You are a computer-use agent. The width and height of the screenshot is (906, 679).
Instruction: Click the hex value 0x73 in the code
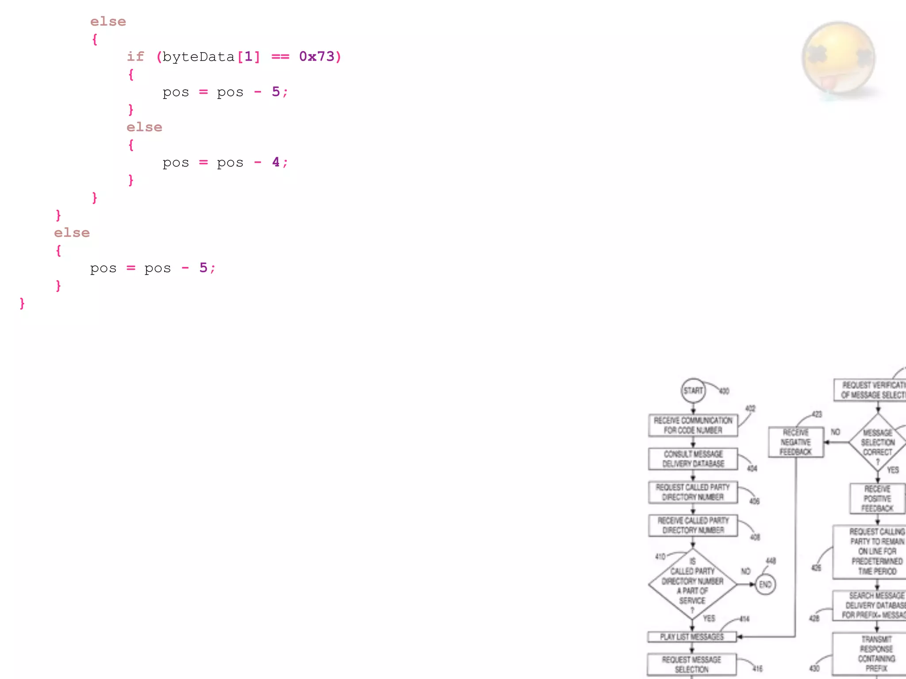tap(317, 57)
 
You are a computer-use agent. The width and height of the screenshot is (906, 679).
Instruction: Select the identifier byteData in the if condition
tap(198, 57)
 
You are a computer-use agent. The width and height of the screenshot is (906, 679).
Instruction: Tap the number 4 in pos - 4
tap(276, 162)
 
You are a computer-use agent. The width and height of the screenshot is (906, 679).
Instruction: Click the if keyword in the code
tap(135, 57)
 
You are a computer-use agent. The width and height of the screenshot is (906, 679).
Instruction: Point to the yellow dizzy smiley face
tap(838, 57)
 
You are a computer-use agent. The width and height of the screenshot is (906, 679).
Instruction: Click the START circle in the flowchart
tap(693, 390)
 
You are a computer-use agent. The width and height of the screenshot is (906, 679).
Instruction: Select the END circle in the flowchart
tap(765, 584)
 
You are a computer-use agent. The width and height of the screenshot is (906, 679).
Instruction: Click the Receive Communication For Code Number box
tap(693, 425)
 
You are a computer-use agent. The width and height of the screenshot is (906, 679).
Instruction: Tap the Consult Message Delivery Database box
tap(693, 459)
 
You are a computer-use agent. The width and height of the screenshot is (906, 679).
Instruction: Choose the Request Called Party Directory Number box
tap(693, 492)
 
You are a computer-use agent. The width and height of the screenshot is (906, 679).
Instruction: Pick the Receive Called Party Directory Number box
tap(693, 525)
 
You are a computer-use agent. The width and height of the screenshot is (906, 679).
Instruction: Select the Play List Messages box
tap(692, 637)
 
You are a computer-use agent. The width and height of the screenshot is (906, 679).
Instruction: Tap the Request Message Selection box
tap(691, 664)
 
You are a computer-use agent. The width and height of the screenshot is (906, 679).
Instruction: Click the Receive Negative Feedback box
tap(795, 442)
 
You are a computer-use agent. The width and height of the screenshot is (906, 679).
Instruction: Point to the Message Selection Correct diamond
tap(878, 442)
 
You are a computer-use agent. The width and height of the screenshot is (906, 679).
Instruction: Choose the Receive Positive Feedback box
tap(878, 499)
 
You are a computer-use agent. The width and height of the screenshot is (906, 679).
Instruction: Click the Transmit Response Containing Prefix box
tap(876, 653)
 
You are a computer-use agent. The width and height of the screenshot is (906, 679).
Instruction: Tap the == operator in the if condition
tap(280, 57)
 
